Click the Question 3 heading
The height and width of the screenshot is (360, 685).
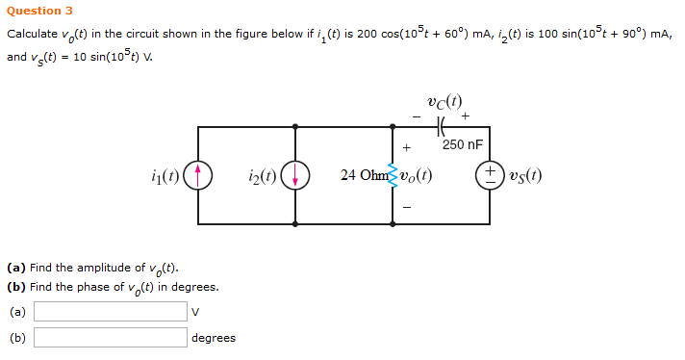39,11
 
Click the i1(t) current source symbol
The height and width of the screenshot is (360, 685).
198,175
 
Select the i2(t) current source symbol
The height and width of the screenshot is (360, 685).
294,175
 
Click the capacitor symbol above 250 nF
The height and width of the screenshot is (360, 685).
442,125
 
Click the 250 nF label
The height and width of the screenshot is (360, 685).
462,145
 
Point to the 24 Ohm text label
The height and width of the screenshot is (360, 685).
361,175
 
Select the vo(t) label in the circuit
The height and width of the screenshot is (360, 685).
415,175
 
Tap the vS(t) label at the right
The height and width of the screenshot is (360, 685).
524,175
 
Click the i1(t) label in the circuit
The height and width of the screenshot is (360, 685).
164,175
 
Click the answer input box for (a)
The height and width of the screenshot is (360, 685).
111,311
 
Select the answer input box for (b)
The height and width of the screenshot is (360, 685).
111,337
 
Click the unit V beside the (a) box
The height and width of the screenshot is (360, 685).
195,311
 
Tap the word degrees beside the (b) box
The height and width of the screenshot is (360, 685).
214,338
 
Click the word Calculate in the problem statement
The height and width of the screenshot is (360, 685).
30,34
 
